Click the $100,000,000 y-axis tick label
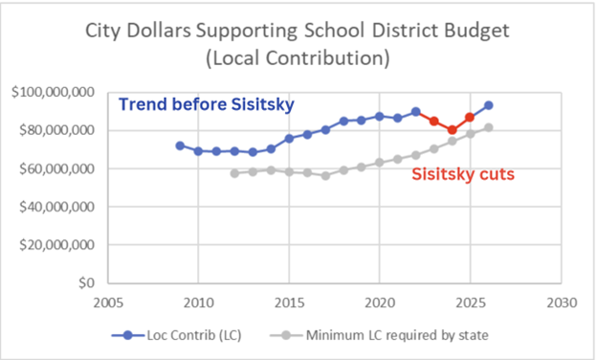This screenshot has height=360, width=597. [53, 92]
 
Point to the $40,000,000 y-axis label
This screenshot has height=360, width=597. [57, 207]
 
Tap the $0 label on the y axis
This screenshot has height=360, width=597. [86, 283]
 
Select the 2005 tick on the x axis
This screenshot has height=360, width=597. [108, 303]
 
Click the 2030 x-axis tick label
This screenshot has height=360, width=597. [562, 303]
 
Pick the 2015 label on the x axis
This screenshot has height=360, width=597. [289, 303]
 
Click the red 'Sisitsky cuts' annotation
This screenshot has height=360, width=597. [463, 174]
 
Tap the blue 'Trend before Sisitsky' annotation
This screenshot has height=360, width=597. [207, 104]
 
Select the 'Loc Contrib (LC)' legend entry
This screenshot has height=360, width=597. [177, 335]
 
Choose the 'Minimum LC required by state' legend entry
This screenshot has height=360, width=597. [379, 335]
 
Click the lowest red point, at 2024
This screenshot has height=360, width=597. [452, 130]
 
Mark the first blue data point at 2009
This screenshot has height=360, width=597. [180, 146]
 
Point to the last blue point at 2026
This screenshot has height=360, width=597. [489, 105]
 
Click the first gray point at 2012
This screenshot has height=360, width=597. [234, 173]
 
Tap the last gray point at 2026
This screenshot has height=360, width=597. [489, 127]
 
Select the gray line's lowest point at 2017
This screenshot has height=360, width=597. [325, 175]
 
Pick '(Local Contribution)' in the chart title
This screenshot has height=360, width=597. [298, 58]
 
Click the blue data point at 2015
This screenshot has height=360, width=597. [289, 139]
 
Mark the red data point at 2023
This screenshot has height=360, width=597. [434, 122]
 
